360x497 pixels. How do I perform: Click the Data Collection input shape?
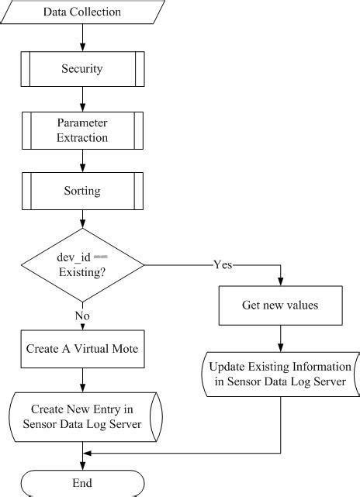(x=81, y=12)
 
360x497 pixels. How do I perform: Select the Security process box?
(x=81, y=69)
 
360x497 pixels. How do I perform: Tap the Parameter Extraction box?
(x=81, y=130)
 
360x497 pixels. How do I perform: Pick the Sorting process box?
(x=81, y=190)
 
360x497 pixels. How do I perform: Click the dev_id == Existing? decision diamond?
(x=81, y=266)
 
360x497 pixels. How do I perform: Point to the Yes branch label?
(x=222, y=265)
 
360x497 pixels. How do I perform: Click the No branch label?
(x=81, y=316)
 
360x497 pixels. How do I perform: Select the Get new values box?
(x=279, y=305)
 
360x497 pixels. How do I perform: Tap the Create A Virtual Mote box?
(x=81, y=349)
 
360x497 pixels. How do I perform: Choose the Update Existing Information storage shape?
(x=279, y=372)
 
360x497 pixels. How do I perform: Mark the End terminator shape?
(x=81, y=483)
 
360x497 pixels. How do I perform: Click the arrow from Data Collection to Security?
(x=81, y=37)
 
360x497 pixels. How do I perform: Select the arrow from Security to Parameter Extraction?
(x=81, y=98)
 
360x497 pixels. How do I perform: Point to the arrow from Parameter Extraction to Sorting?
(x=81, y=160)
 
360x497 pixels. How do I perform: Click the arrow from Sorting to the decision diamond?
(x=81, y=219)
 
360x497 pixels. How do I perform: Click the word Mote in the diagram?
(x=123, y=349)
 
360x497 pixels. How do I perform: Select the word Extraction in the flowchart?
(x=81, y=138)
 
